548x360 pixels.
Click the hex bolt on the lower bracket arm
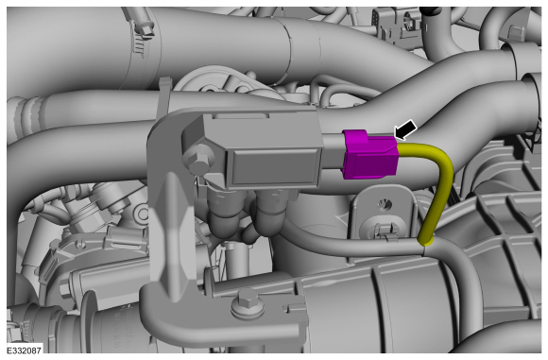coord(245,303)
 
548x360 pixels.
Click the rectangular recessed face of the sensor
coord(270,166)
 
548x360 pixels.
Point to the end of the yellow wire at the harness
coord(425,243)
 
